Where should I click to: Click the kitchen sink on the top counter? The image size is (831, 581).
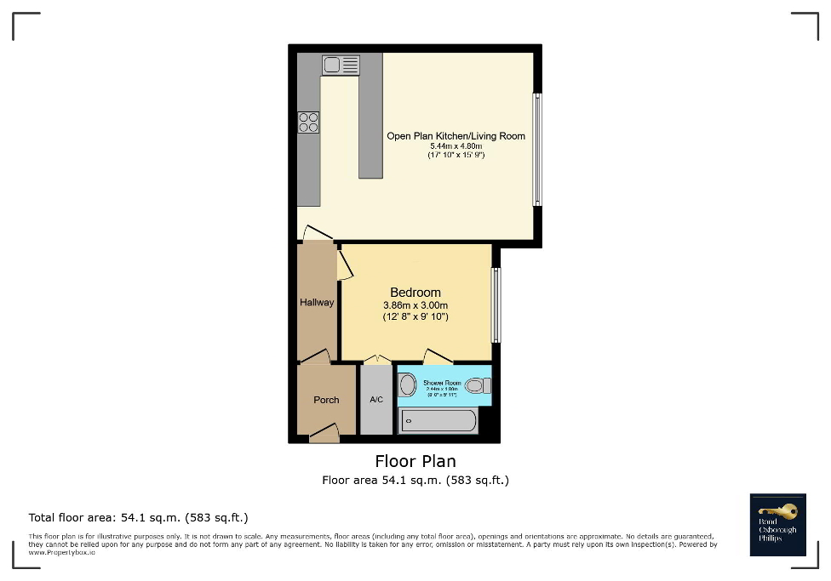(341, 64)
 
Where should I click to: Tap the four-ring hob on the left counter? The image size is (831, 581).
(308, 122)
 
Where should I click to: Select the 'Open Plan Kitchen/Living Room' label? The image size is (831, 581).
(456, 136)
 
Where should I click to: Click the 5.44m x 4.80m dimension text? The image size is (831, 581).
(456, 146)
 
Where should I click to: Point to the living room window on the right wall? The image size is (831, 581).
(536, 149)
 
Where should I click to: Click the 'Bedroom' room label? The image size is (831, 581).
(415, 293)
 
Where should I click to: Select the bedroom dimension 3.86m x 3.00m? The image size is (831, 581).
(415, 305)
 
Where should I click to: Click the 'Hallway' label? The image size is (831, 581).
(317, 302)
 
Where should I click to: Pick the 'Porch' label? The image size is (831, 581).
(326, 400)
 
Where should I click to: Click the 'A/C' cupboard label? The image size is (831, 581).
(376, 400)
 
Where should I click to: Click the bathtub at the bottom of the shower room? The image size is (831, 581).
(438, 420)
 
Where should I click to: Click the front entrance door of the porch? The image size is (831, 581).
(324, 436)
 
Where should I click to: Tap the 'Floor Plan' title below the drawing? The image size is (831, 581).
(415, 461)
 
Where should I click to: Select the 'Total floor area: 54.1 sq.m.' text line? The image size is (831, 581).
(138, 517)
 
